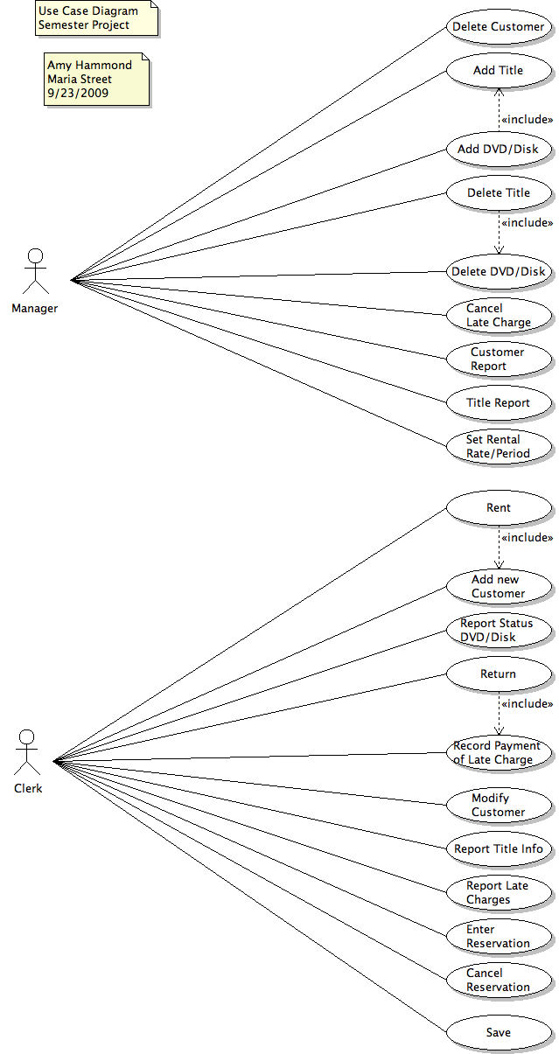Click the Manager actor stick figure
[35, 271]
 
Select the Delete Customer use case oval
[499, 27]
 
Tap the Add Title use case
[499, 71]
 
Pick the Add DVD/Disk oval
[499, 150]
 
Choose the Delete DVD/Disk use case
[499, 272]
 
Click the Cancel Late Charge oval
[499, 316]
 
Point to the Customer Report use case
[499, 359]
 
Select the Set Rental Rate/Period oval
[499, 447]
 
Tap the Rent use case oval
[499, 508]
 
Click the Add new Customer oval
[499, 587]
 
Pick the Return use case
[499, 674]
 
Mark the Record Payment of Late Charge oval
[499, 753]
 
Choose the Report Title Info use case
[499, 849]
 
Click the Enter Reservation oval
[499, 937]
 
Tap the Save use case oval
[499, 1033]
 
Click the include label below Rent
[527, 538]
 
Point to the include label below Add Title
[527, 120]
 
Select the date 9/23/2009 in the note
[78, 93]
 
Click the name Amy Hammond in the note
[89, 66]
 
